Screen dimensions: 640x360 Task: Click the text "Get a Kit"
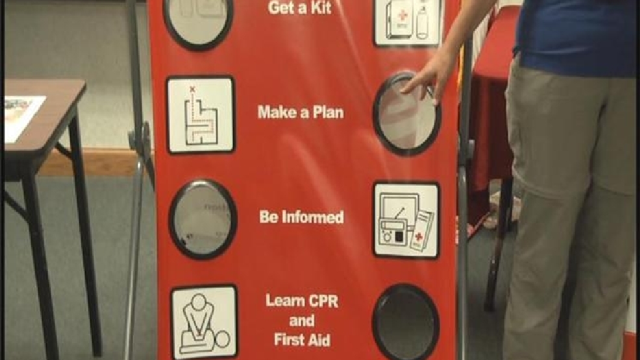pos(300,8)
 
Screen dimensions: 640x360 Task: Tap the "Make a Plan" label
pos(301,112)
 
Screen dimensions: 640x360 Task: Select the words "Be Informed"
pos(301,217)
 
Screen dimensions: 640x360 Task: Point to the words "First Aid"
pos(302,340)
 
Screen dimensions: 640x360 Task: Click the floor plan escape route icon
pos(201,115)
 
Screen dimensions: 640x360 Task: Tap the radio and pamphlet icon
pos(406,220)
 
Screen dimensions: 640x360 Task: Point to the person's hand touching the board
pos(428,77)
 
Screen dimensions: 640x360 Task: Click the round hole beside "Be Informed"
pos(203,219)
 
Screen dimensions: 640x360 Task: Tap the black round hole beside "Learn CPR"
pos(406,322)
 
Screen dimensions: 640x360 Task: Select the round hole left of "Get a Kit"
pos(199,21)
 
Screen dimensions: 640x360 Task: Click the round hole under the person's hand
pos(407,114)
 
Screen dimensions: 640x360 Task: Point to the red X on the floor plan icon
pos(192,88)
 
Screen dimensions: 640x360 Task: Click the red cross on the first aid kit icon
pos(402,16)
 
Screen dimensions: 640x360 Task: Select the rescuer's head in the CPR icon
pos(199,302)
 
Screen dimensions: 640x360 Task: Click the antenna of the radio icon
pos(401,213)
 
